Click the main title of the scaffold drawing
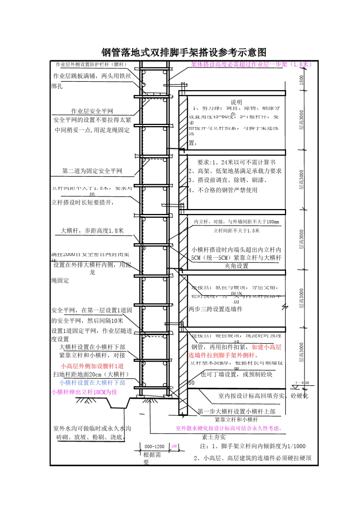(x=184, y=52)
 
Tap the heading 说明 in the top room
(x=236, y=102)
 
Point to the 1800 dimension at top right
(x=302, y=80)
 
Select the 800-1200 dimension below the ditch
(x=154, y=447)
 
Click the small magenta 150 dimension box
(x=174, y=447)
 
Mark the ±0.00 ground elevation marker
(x=302, y=383)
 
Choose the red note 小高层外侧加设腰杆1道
(x=92, y=366)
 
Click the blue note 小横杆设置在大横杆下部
(x=92, y=383)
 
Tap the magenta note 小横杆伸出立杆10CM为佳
(x=84, y=392)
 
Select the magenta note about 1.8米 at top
(x=251, y=64)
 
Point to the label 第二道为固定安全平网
(x=92, y=171)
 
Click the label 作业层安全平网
(x=92, y=111)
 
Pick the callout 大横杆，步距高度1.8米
(x=92, y=230)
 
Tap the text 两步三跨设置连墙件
(x=216, y=309)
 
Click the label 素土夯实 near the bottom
(x=214, y=437)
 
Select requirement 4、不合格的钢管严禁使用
(x=223, y=190)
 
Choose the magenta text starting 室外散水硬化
(x=228, y=428)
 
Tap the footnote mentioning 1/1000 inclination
(x=253, y=446)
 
